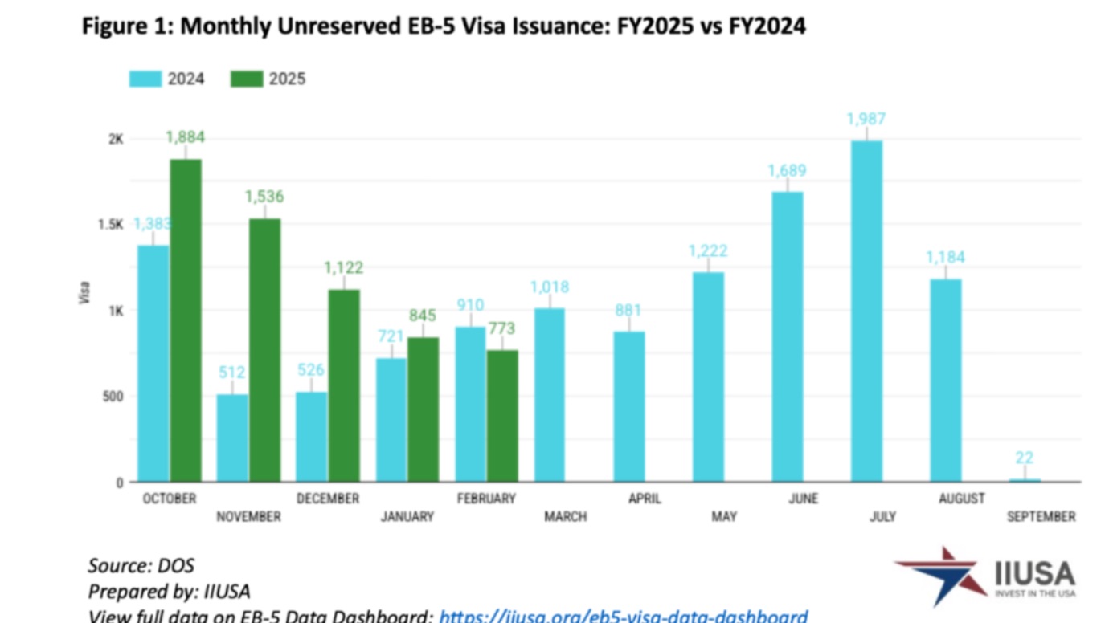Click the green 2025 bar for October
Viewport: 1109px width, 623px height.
point(186,320)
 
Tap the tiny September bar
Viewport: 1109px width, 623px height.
point(1025,480)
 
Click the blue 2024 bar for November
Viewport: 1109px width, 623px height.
point(232,438)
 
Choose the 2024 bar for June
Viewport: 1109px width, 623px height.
point(788,337)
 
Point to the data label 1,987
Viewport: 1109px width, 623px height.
point(866,119)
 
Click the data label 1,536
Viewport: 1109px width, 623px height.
point(264,197)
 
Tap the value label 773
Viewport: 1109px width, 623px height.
point(501,328)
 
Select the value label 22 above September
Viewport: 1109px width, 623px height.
point(1024,458)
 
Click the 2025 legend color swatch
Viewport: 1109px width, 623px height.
point(246,79)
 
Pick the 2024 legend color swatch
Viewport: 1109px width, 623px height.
point(145,79)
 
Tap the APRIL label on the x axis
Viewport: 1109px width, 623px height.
point(645,499)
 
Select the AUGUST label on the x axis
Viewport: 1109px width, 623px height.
point(961,499)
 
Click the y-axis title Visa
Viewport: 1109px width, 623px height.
point(84,292)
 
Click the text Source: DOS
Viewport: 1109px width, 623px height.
point(141,565)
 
